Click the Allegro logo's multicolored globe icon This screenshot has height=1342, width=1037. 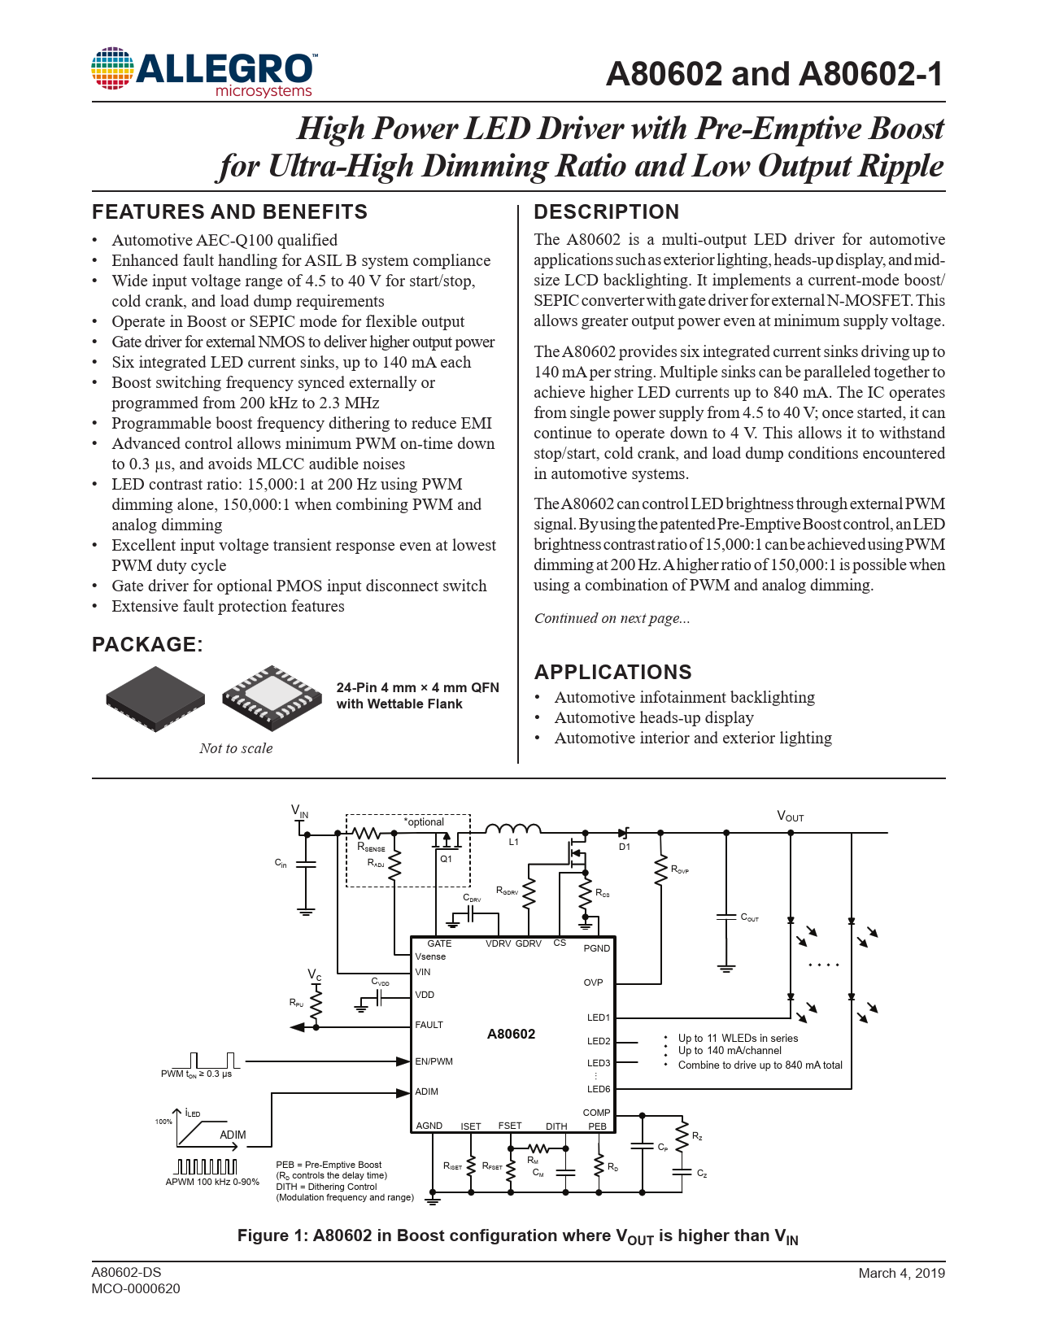point(112,68)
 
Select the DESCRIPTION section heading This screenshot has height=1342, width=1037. point(606,211)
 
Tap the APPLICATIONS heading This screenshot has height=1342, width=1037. point(612,672)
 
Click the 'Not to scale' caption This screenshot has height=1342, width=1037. point(236,748)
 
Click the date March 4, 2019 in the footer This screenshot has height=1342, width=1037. point(901,1273)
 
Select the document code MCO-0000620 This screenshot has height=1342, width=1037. point(136,1289)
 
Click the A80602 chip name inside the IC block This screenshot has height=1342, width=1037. point(511,1034)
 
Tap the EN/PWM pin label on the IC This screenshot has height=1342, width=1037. point(434,1061)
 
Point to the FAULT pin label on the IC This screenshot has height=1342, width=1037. point(429,1025)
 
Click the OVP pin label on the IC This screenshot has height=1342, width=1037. point(593,982)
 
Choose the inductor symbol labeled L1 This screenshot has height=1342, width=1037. point(512,830)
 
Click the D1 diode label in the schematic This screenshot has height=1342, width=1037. point(625,847)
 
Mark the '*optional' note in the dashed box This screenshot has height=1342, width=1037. point(424,822)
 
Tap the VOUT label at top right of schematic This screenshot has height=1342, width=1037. point(790,817)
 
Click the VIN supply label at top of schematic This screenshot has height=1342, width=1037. point(299,811)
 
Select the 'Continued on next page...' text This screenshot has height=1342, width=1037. point(612,618)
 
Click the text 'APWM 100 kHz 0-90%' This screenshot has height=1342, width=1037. point(211,1182)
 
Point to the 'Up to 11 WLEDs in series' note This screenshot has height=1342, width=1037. point(738,1038)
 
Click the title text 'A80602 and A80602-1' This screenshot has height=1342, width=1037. point(775,74)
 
